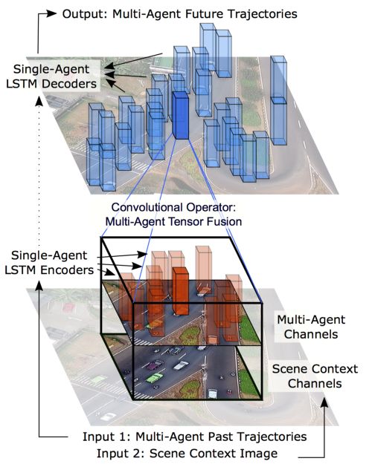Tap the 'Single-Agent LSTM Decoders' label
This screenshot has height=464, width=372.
[x=51, y=76]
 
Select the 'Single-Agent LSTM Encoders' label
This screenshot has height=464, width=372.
[x=49, y=263]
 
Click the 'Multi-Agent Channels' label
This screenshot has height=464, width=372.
[x=311, y=327]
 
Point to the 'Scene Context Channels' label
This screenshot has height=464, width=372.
[x=315, y=376]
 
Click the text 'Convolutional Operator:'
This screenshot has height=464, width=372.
[x=173, y=207]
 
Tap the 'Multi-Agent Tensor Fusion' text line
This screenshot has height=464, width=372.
[x=173, y=221]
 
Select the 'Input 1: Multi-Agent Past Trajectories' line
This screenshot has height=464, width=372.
[x=194, y=437]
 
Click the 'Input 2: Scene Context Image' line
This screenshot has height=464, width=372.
[x=187, y=454]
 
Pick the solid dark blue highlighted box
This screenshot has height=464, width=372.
[x=180, y=115]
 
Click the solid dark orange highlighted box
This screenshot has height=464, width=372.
[x=181, y=291]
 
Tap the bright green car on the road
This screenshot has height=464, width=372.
[x=155, y=378]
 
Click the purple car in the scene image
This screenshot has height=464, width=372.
[x=155, y=365]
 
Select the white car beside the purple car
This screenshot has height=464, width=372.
[x=181, y=365]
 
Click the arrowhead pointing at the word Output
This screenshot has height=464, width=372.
[x=51, y=13]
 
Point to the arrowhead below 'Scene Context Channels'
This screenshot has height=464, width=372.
[x=325, y=402]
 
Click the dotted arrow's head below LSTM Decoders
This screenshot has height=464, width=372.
[x=39, y=101]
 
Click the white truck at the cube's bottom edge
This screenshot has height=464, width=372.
[x=213, y=394]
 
